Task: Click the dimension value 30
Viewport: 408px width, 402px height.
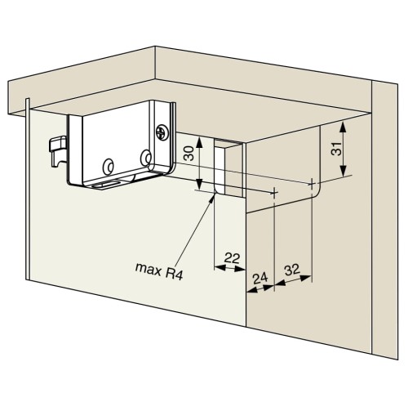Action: (189, 154)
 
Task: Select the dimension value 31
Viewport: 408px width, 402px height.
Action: (336, 149)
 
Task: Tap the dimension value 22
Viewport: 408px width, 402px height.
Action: (232, 258)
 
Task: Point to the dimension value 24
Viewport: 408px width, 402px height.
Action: (260, 279)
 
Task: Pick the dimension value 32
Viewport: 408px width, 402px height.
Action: (292, 270)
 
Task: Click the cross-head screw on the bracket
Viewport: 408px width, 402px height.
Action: (162, 132)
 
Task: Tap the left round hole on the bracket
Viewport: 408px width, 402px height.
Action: (109, 166)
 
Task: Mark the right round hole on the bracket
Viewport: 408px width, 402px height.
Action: (147, 158)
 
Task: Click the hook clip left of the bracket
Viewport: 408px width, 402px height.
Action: (58, 151)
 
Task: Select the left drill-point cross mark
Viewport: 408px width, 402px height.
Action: (274, 193)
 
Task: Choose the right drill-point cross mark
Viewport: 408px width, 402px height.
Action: (312, 184)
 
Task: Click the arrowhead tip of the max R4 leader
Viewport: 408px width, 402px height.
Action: (215, 194)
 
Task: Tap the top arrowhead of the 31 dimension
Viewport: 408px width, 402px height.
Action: (344, 123)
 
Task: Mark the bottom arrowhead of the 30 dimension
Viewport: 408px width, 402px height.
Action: (200, 190)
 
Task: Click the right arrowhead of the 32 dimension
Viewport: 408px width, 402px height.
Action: (311, 277)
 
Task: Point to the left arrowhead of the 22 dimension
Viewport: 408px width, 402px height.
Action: (215, 267)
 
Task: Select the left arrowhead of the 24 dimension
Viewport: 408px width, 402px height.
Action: (246, 292)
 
